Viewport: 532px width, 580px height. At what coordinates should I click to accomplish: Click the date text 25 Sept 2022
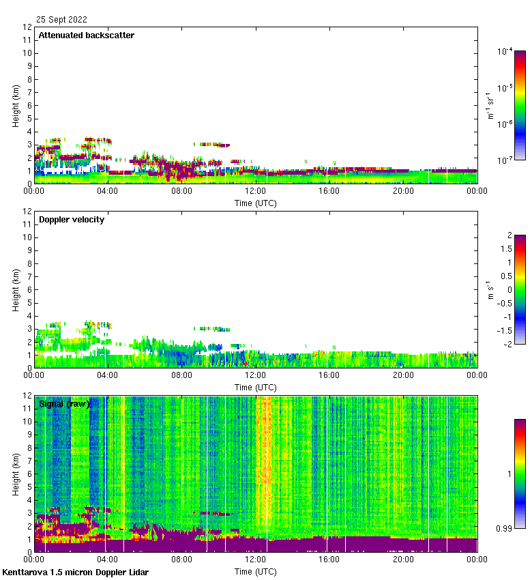[x=61, y=20]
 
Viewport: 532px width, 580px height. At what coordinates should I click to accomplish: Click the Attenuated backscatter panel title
[x=86, y=35]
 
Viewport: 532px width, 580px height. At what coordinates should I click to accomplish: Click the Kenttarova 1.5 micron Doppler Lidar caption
[x=75, y=572]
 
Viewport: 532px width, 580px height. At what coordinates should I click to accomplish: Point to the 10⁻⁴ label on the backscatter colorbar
[x=505, y=51]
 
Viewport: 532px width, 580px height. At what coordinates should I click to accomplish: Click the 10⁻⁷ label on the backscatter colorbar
[x=505, y=160]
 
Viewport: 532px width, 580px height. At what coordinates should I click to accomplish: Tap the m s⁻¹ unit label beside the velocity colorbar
[x=490, y=289]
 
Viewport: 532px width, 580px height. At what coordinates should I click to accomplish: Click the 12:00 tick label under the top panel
[x=256, y=191]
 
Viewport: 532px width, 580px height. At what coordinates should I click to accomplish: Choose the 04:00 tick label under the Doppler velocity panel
[x=108, y=375]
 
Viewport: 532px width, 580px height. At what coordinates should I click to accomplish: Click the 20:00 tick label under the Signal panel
[x=403, y=560]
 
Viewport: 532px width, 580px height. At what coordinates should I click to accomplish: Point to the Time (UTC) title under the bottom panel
[x=256, y=570]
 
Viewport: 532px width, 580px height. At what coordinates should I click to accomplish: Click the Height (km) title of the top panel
[x=16, y=106]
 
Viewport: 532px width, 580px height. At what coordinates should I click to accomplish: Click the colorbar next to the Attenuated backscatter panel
[x=520, y=105]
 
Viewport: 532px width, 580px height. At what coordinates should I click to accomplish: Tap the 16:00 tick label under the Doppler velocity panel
[x=329, y=375]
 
